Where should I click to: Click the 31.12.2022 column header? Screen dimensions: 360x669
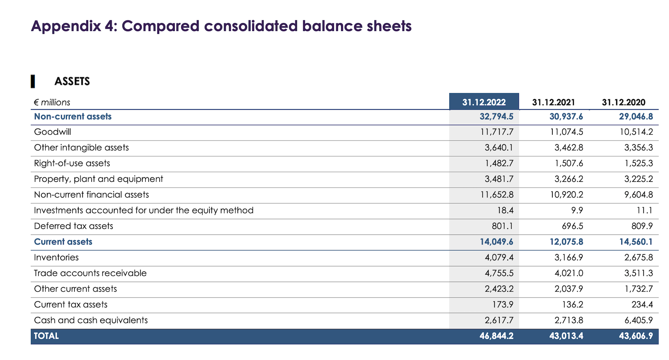(484, 102)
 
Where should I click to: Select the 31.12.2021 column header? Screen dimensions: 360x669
(553, 102)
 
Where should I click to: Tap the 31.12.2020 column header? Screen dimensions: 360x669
(623, 102)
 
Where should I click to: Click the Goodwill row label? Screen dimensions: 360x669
(53, 132)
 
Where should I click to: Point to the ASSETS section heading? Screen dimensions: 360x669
(72, 81)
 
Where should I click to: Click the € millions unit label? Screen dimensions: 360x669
(52, 102)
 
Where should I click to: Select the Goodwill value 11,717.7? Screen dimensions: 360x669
(496, 132)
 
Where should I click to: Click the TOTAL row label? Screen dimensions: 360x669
(46, 336)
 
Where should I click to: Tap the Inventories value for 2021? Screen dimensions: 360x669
(568, 258)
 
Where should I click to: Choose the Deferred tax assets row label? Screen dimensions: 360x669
(74, 226)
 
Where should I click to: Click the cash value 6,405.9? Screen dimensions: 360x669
(638, 320)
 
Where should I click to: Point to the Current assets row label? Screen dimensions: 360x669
(63, 242)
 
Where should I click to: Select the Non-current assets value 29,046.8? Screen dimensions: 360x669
(636, 117)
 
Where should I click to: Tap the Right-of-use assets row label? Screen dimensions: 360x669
(72, 163)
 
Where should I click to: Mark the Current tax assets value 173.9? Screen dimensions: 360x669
(503, 305)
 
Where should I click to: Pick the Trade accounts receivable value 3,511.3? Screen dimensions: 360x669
(638, 273)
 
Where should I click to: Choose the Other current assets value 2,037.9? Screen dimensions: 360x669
(568, 289)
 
